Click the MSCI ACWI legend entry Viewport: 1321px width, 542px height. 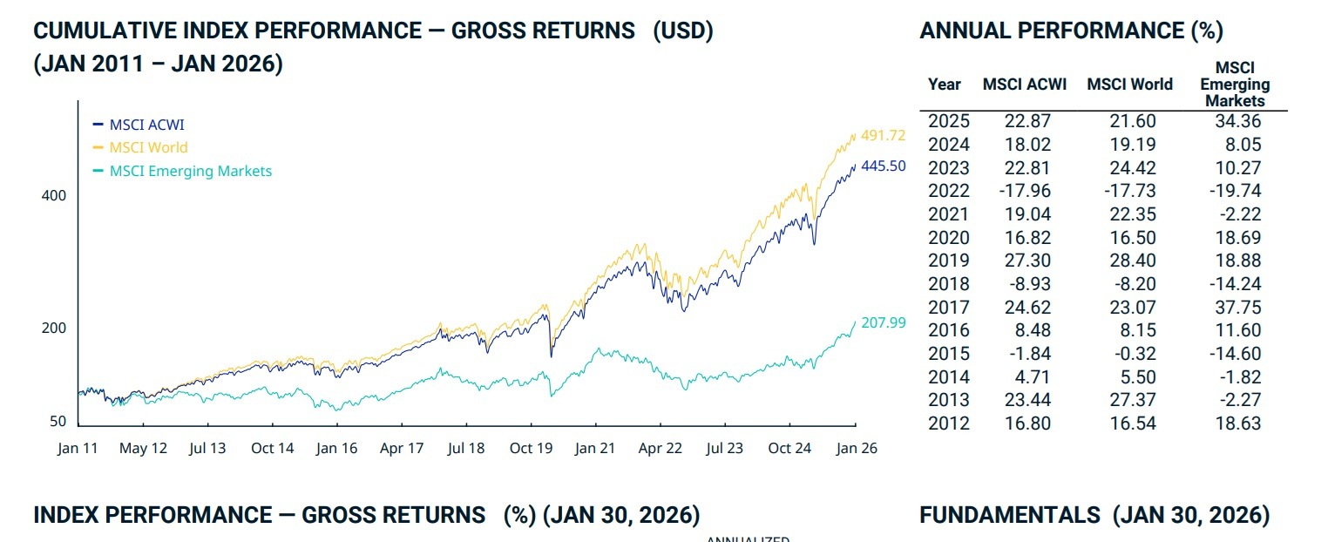point(146,125)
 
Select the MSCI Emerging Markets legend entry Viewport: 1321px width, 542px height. point(190,171)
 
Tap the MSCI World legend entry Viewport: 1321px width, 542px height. point(148,147)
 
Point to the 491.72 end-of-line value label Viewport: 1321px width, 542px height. point(883,136)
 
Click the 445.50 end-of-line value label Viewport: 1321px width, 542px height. point(883,166)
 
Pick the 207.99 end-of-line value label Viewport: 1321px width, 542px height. point(883,322)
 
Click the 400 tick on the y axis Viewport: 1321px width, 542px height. point(54,196)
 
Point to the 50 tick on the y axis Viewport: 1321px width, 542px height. point(58,421)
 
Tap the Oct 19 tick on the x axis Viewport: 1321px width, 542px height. point(531,448)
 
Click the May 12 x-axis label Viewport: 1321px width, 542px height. point(143,448)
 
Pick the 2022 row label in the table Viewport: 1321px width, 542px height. point(948,191)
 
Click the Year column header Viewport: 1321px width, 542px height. point(945,85)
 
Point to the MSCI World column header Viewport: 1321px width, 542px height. point(1129,85)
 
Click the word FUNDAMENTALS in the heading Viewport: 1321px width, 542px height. point(1010,515)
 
